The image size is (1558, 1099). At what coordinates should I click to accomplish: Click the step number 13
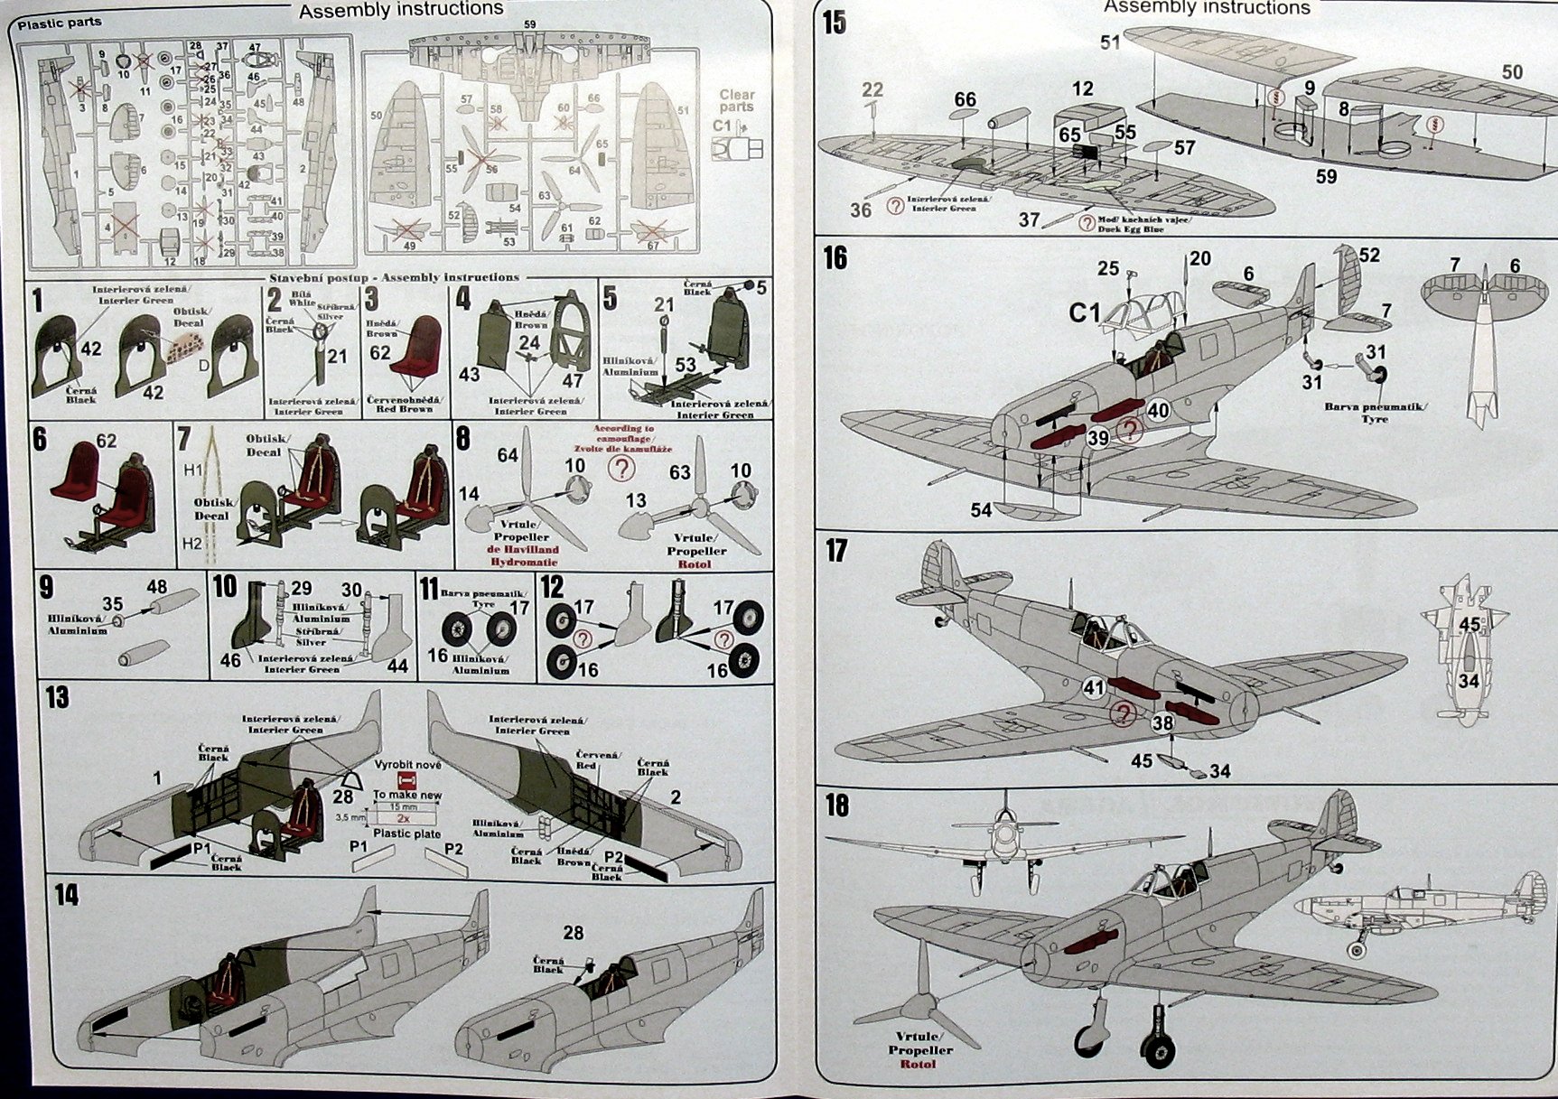click(x=56, y=698)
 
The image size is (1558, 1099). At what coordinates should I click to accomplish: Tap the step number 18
click(x=837, y=805)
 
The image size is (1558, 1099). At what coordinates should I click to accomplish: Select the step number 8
click(x=463, y=439)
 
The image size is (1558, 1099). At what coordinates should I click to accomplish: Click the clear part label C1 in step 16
click(x=1085, y=312)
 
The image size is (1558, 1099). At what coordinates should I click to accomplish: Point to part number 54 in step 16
click(x=982, y=510)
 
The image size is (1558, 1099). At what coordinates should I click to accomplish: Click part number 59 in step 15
click(x=1326, y=176)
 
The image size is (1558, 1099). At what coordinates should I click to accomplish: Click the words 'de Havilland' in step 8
click(x=525, y=549)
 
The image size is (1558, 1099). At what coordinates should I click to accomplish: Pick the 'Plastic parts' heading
click(x=60, y=23)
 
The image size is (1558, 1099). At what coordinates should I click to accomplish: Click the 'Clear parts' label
click(x=737, y=100)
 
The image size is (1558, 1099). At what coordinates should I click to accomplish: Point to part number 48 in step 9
click(x=156, y=586)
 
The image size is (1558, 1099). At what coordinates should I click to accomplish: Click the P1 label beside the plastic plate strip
click(x=358, y=847)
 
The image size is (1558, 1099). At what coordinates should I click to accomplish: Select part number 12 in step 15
click(x=1083, y=88)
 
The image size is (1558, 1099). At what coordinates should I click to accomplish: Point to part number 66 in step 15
click(x=965, y=99)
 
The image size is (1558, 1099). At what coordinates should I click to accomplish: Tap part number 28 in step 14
click(x=573, y=933)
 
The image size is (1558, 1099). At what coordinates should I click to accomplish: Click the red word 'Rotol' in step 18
click(x=918, y=1064)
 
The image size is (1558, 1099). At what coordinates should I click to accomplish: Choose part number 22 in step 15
click(x=872, y=89)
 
